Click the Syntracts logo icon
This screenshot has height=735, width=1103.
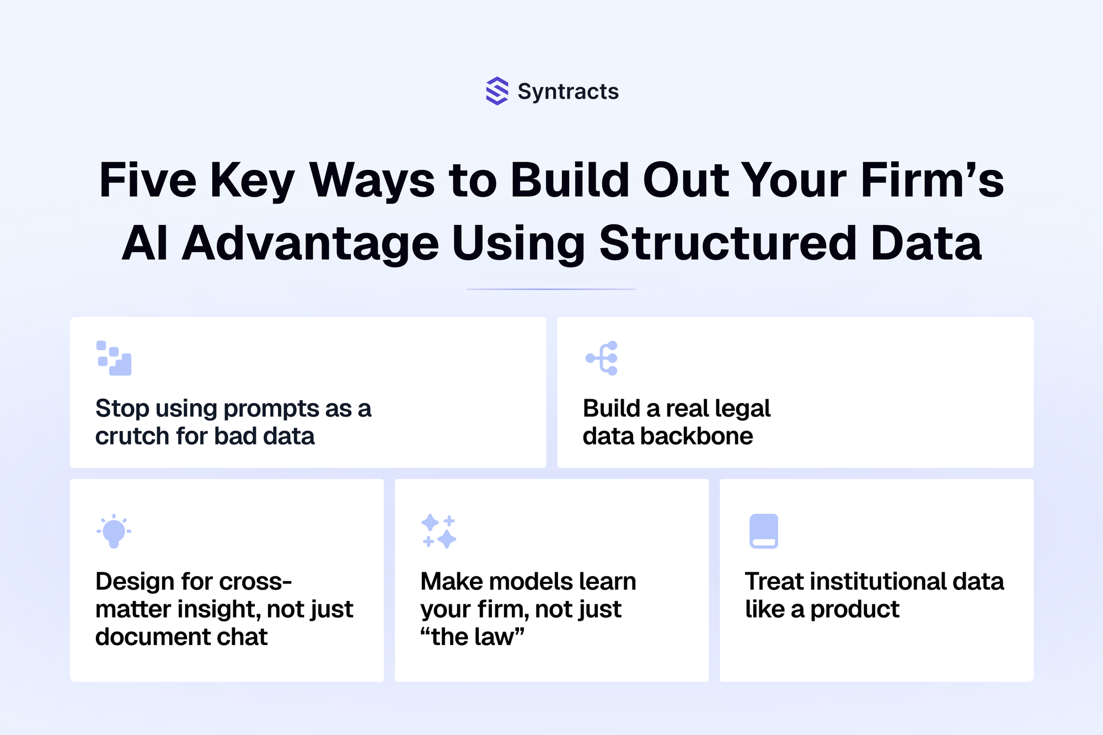tap(497, 91)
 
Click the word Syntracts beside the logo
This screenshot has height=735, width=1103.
tap(568, 92)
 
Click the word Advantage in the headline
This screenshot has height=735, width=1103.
tap(310, 244)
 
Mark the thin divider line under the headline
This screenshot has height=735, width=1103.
tap(551, 289)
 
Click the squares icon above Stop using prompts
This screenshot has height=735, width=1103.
tap(114, 358)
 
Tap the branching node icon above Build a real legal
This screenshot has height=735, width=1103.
tap(601, 358)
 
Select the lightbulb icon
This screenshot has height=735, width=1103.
tap(114, 531)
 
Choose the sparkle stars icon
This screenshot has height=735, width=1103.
tap(438, 531)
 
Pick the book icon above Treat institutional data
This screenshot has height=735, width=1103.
tap(764, 531)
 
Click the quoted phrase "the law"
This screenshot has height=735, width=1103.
tap(473, 637)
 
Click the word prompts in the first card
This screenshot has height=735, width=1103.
tap(271, 409)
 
